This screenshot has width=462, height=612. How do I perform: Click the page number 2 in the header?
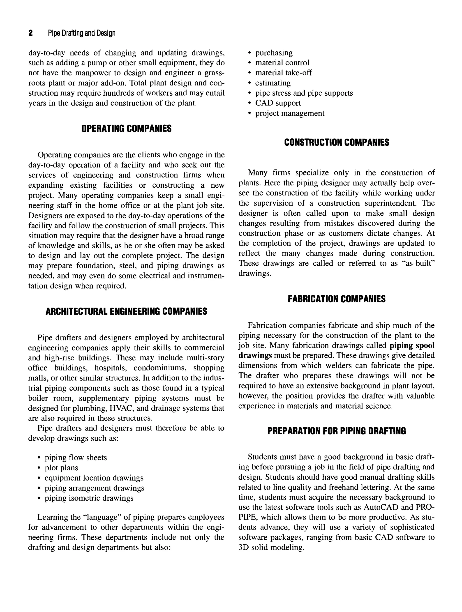click(30, 33)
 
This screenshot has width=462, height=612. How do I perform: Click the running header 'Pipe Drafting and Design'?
click(81, 33)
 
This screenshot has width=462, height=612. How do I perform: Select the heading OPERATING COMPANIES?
click(126, 129)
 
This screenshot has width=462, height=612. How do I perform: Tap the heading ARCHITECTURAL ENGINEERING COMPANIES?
click(126, 312)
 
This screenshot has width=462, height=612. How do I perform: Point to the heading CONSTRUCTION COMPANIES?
click(336, 143)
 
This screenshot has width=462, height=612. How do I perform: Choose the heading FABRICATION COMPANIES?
click(336, 299)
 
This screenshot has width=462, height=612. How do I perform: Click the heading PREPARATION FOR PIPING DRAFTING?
click(336, 431)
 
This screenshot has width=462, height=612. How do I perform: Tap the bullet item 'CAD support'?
click(278, 103)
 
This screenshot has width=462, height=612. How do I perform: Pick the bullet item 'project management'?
click(290, 113)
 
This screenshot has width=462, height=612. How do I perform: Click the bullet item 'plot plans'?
click(61, 468)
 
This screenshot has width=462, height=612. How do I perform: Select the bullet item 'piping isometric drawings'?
click(89, 498)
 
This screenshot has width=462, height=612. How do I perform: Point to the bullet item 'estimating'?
click(273, 83)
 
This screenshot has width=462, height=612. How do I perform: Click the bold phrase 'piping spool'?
click(412, 345)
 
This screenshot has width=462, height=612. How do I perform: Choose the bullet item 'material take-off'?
click(283, 73)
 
